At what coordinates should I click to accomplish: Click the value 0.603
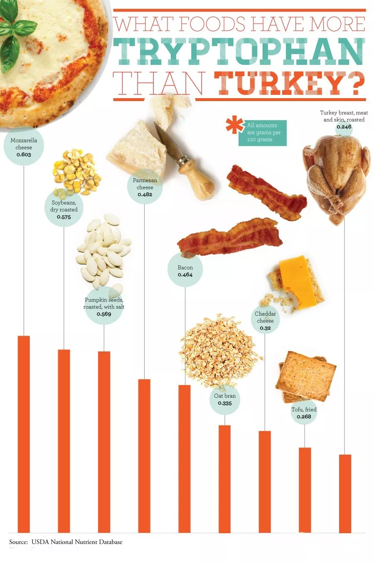point(24,155)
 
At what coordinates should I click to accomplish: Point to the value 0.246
point(344,127)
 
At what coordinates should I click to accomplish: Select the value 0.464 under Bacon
point(185,275)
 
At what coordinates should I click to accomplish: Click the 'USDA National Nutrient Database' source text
point(77,542)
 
